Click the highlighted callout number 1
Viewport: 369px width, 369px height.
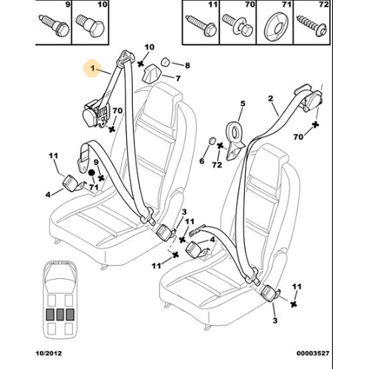(x=92, y=68)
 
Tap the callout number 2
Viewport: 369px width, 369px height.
(x=271, y=99)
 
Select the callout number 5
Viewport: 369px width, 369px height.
(x=243, y=103)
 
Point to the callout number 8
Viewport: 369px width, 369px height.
(x=187, y=66)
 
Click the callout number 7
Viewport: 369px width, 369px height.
(x=178, y=78)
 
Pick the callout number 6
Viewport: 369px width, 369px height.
(x=201, y=161)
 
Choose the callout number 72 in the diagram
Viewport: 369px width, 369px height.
(x=217, y=165)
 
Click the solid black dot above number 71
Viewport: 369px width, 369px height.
(x=92, y=173)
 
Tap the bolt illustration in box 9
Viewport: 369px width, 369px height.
(x=55, y=26)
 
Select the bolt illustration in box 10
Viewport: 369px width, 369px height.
(x=90, y=26)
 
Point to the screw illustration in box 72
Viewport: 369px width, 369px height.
(x=312, y=27)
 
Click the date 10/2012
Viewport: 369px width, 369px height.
(x=49, y=354)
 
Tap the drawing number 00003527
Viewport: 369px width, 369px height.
(x=313, y=354)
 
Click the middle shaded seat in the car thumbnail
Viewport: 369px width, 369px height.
(x=60, y=314)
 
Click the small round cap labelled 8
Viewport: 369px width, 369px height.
(x=165, y=62)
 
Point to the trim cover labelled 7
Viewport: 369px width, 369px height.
(x=151, y=73)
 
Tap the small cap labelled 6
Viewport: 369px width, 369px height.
(x=212, y=141)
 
